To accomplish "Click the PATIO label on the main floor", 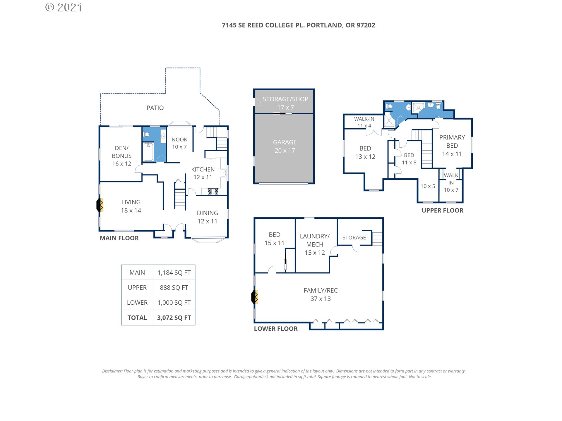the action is click(x=155, y=108).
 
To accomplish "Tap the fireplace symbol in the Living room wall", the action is click(x=100, y=205).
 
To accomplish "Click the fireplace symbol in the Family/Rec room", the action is click(x=255, y=297).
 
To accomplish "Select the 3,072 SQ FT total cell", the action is click(x=174, y=318).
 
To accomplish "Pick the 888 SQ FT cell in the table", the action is click(x=174, y=288).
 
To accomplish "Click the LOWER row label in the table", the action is click(x=137, y=303).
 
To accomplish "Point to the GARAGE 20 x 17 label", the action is click(x=285, y=146).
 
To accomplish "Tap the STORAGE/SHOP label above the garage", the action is click(x=285, y=99).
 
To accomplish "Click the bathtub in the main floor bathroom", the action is click(x=148, y=151).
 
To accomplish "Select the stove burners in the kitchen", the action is click(x=213, y=191).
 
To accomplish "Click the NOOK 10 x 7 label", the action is click(x=179, y=143).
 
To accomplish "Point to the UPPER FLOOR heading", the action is click(x=442, y=210).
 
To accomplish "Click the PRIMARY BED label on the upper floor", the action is click(x=452, y=142).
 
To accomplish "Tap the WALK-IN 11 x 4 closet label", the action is click(x=364, y=122).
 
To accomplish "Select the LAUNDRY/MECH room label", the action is click(x=315, y=240).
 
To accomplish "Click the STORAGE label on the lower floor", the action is click(x=354, y=238).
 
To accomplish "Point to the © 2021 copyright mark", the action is click(x=64, y=7).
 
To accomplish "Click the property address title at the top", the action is click(x=298, y=25).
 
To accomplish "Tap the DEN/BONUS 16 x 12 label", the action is click(x=122, y=156).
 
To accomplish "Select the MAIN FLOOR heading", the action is click(x=119, y=238).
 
